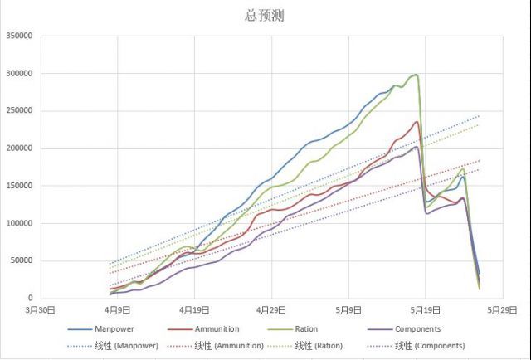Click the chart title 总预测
click(x=265, y=16)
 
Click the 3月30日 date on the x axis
click(x=41, y=310)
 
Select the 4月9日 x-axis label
click(x=118, y=310)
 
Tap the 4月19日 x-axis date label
click(x=194, y=310)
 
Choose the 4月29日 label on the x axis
click(x=271, y=310)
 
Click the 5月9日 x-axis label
click(x=348, y=310)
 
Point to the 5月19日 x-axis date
click(x=425, y=310)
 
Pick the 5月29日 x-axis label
click(x=502, y=310)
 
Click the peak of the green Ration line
click(x=416, y=75)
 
